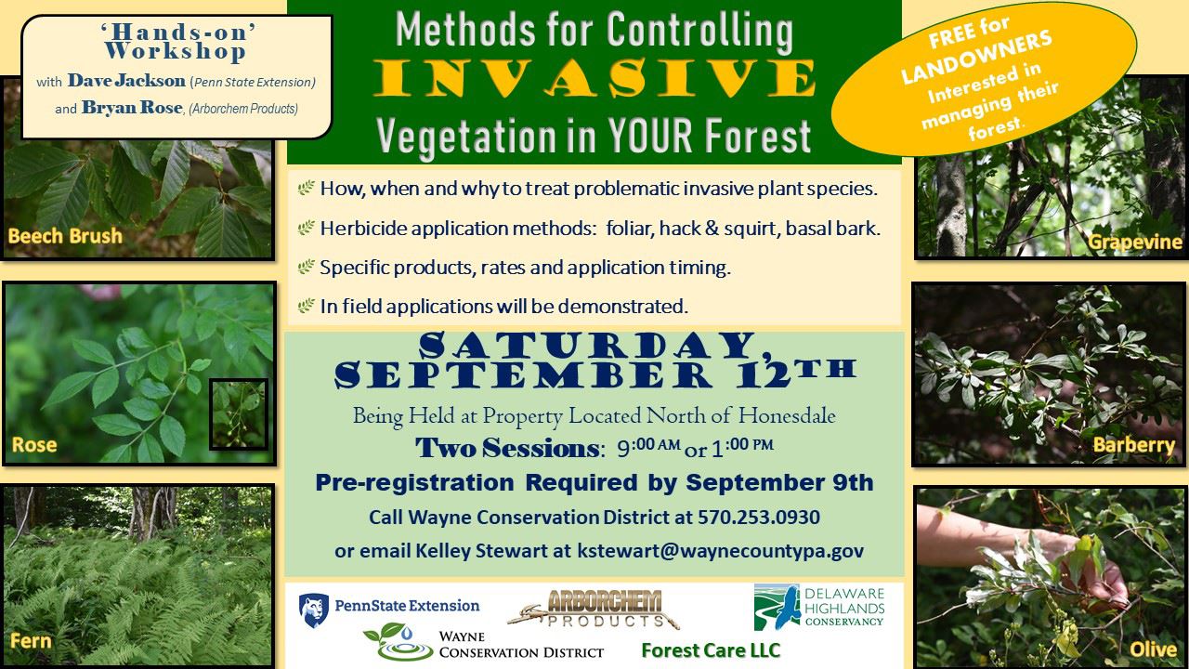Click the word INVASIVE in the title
[594, 82]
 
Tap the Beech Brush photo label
[65, 236]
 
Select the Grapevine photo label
[1135, 243]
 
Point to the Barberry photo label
[1134, 445]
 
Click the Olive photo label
[1153, 649]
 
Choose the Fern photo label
[31, 641]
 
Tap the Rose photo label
[34, 445]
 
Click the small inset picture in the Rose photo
[239, 413]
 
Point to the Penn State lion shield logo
[313, 610]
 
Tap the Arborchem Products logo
[594, 610]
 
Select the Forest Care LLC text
[711, 649]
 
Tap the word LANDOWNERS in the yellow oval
[976, 59]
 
